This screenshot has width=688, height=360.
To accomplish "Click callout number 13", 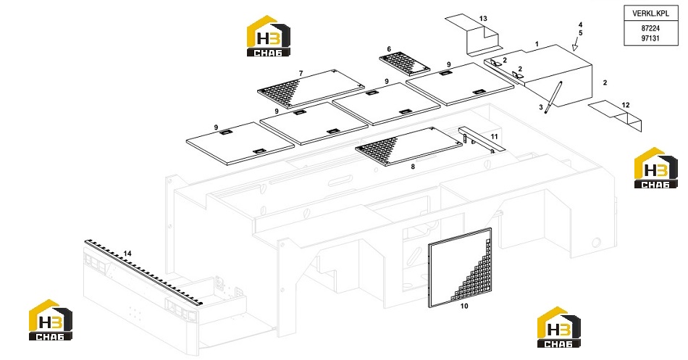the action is [483, 18].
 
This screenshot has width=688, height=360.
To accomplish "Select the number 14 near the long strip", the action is [127, 254].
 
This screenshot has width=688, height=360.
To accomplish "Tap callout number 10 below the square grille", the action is [464, 306].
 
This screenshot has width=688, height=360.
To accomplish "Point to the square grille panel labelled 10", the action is [460, 268].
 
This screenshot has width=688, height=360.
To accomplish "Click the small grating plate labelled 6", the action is [404, 64].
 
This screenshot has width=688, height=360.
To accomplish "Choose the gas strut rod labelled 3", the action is [554, 97].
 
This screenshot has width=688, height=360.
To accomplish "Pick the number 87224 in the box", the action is [650, 28].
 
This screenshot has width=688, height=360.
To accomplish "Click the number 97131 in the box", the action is [650, 38].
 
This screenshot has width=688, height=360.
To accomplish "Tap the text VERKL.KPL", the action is [651, 13].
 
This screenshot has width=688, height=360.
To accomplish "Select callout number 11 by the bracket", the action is [494, 136].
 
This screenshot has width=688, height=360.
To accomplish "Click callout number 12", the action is [626, 105].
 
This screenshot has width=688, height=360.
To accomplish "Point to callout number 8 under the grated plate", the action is [413, 167].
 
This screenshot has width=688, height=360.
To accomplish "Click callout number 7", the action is [301, 73].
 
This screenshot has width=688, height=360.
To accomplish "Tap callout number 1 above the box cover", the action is [537, 44].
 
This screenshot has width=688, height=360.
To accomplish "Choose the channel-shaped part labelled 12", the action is [615, 115].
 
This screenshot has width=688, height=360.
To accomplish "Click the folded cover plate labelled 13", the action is [473, 35].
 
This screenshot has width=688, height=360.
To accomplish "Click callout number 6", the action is [389, 49].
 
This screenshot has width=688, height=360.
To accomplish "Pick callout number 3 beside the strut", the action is [541, 106].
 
